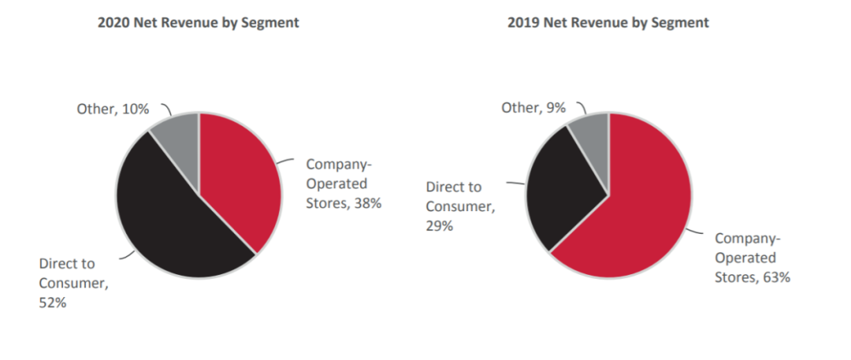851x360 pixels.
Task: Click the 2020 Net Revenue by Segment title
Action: (x=198, y=23)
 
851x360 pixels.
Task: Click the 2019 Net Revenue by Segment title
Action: (x=608, y=23)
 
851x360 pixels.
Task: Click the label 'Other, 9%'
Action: (x=533, y=107)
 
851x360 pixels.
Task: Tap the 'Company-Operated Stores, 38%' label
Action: (x=344, y=184)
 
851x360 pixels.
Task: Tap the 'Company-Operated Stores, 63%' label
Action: (x=752, y=258)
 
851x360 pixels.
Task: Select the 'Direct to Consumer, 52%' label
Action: (x=76, y=282)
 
